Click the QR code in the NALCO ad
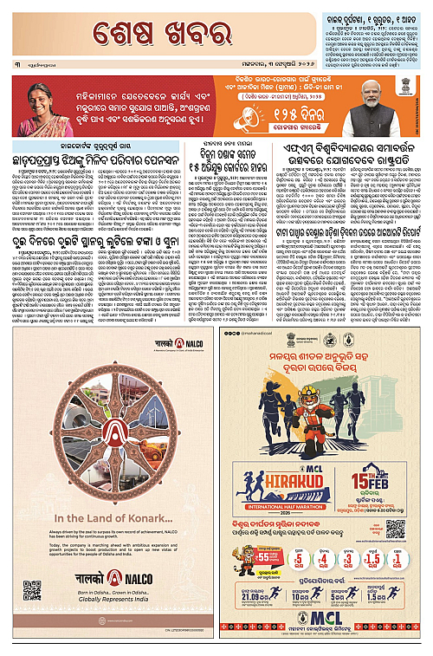32,590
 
